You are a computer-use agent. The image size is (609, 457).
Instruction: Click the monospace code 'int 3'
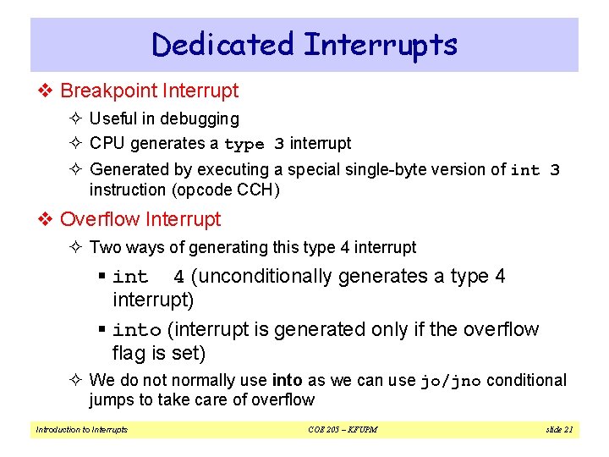pos(535,170)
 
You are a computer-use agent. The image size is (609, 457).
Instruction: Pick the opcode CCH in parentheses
pos(255,190)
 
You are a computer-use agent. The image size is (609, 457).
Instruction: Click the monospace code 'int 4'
pos(148,278)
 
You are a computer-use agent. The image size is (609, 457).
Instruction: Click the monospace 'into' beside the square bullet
pos(136,330)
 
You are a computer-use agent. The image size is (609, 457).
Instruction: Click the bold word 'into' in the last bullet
pos(287,381)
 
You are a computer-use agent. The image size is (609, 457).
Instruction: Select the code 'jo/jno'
pos(451,382)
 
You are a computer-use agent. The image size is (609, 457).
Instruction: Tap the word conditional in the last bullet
pos(526,381)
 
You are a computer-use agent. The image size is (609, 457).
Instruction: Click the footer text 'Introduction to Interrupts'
pos(81,430)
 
